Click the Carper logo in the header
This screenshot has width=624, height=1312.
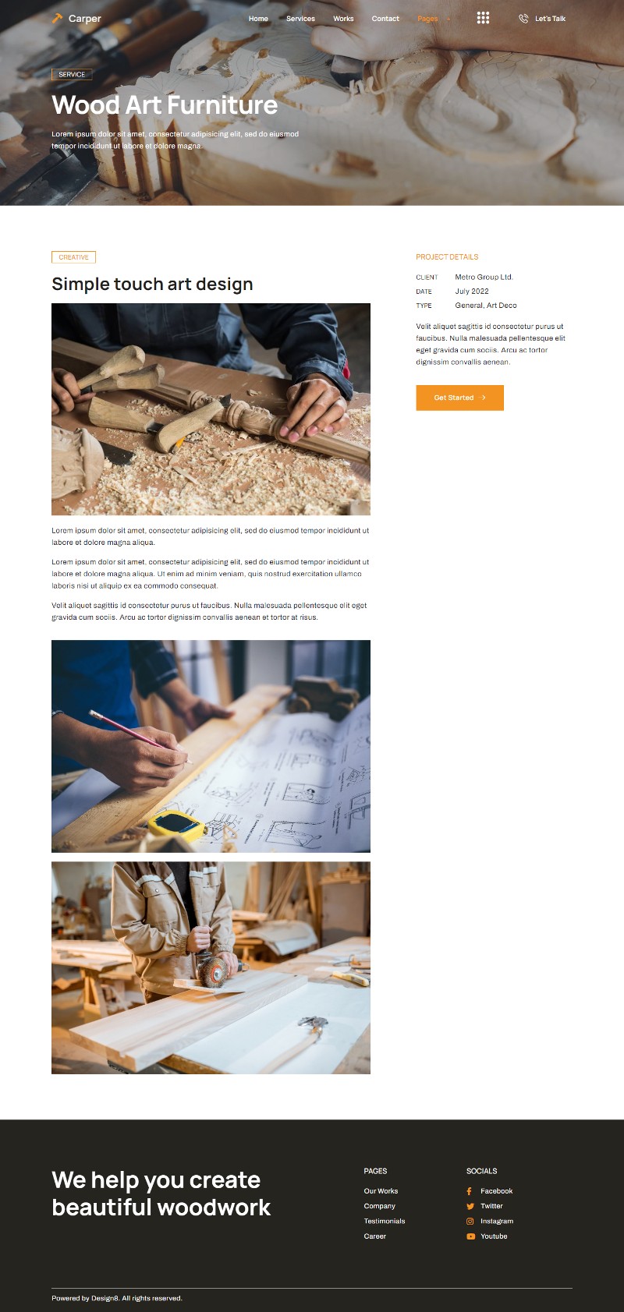[76, 19]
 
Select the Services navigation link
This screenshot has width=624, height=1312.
[300, 19]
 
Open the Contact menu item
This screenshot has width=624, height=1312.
[385, 19]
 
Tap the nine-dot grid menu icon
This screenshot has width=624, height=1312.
[483, 18]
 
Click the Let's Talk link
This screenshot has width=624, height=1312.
[543, 19]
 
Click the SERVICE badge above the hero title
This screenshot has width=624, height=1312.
[72, 74]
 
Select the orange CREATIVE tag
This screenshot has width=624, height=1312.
[74, 257]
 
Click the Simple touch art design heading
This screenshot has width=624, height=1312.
[152, 284]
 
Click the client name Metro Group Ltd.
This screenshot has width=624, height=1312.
[484, 277]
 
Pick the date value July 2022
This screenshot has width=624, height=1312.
[472, 291]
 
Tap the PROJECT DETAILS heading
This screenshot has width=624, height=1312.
[447, 257]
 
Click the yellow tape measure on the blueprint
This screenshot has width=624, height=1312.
[178, 826]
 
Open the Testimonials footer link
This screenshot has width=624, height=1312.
[385, 1222]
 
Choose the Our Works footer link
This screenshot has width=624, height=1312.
[381, 1190]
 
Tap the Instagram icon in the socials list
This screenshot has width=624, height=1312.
[470, 1222]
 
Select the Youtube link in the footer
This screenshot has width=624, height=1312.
[494, 1236]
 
